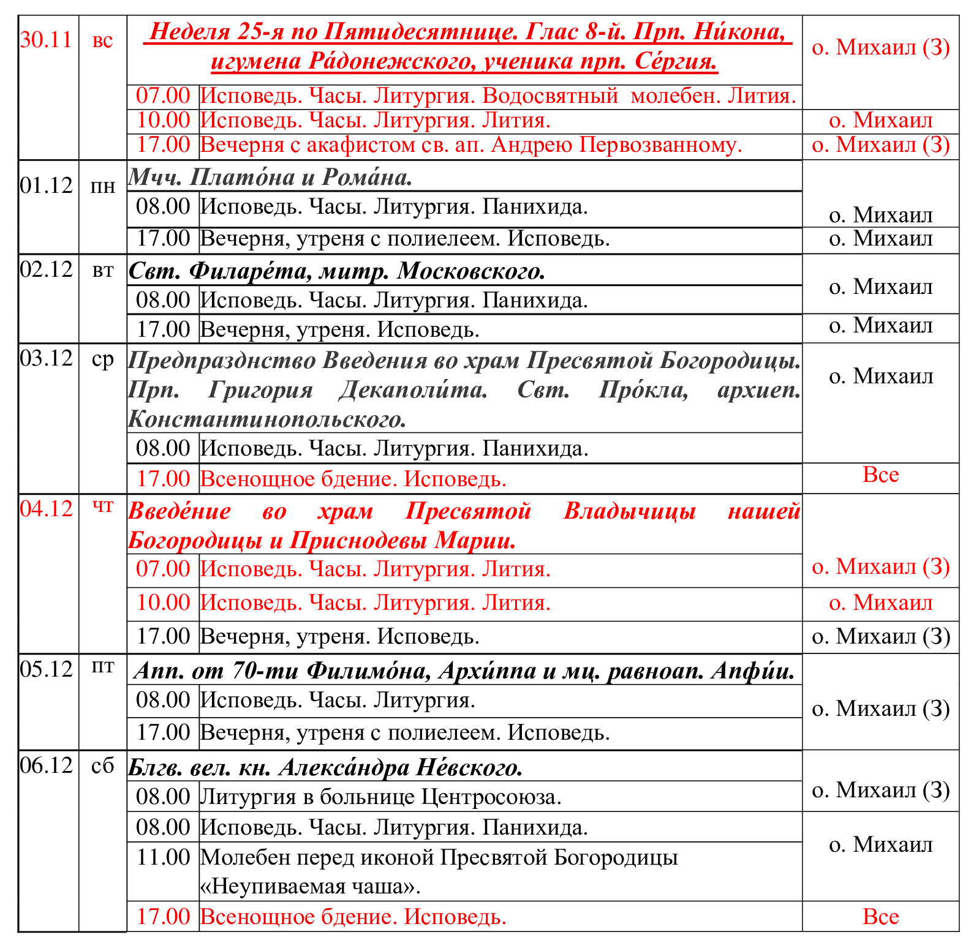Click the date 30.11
(x=47, y=40)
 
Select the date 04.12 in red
(x=47, y=508)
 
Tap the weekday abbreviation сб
(x=102, y=765)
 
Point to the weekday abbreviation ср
(x=102, y=359)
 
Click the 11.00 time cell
(x=163, y=857)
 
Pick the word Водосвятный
(x=550, y=96)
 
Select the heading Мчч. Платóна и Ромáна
(x=270, y=177)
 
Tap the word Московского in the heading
(x=470, y=271)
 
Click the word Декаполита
(x=413, y=389)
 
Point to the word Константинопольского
(x=267, y=419)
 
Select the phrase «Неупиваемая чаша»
(x=310, y=886)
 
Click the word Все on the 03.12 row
(x=880, y=475)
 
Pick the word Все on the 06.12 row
(x=880, y=917)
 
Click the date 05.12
(x=47, y=669)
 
